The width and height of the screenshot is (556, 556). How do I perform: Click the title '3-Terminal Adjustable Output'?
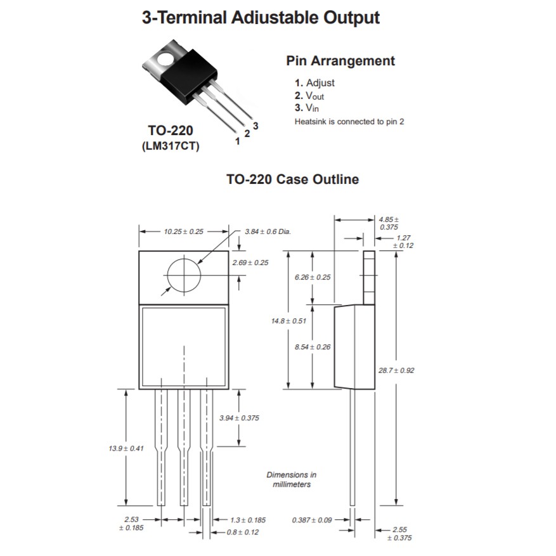261,17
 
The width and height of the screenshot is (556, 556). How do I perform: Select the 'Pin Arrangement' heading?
340,61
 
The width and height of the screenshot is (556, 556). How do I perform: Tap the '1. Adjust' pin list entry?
314,83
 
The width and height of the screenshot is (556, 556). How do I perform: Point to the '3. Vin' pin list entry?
307,108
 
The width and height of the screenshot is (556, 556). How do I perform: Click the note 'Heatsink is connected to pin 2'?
349,121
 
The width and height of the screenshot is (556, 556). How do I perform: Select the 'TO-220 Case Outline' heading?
292,179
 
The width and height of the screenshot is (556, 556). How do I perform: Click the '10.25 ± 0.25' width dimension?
183,231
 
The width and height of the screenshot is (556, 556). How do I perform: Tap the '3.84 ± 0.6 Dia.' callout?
268,231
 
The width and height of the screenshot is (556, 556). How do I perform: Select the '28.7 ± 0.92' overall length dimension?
396,370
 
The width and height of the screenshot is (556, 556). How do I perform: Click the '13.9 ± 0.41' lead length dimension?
127,448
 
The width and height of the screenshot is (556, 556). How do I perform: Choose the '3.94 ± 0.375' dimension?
239,418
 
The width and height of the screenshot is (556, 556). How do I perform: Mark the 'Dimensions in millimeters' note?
291,479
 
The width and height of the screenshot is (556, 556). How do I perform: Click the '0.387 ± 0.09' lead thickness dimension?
313,520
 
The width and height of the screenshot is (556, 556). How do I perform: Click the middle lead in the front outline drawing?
184,447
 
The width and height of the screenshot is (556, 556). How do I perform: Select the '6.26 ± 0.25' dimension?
313,277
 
